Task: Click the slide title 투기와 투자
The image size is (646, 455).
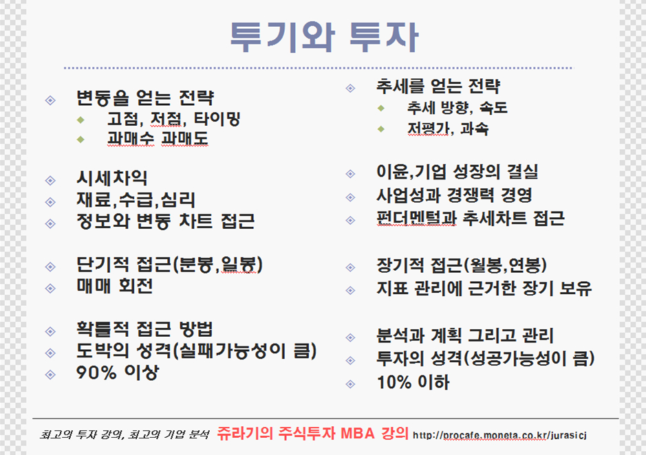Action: (x=324, y=37)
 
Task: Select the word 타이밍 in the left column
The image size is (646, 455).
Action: (x=217, y=119)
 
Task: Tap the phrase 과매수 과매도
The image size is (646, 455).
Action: (x=158, y=139)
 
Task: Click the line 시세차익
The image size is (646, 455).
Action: (x=111, y=178)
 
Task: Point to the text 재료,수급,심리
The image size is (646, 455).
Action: (x=136, y=200)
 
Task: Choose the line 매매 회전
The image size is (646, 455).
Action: (x=114, y=286)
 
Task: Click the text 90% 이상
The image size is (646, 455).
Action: (x=118, y=373)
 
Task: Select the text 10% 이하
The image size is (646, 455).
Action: (x=413, y=382)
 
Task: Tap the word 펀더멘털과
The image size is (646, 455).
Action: (x=416, y=219)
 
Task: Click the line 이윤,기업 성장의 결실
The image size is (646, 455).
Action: (x=457, y=172)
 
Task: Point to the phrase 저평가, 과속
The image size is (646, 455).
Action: (x=448, y=129)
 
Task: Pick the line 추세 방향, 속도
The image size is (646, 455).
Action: (x=457, y=108)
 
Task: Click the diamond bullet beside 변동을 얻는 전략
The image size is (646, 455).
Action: (x=50, y=100)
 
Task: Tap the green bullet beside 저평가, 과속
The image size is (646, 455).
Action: (x=381, y=129)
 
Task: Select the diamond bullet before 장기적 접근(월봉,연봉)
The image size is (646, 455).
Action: (x=351, y=267)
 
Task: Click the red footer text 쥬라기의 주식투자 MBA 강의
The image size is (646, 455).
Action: (x=313, y=433)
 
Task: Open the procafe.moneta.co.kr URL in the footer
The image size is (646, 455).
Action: (x=499, y=435)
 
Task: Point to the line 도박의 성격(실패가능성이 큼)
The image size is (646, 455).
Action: (x=197, y=351)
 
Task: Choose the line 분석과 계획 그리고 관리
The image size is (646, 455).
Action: (x=465, y=335)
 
